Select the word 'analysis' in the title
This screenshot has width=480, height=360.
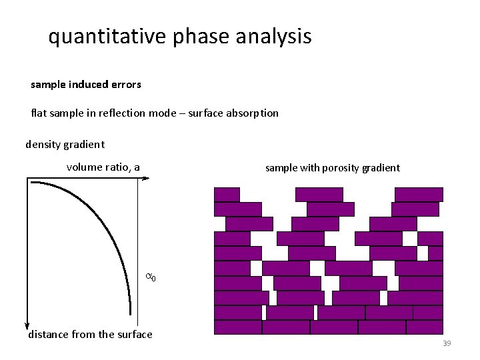click(x=273, y=37)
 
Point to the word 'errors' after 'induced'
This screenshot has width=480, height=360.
click(x=126, y=85)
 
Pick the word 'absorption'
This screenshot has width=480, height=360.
click(x=253, y=113)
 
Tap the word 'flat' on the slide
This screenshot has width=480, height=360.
click(x=39, y=113)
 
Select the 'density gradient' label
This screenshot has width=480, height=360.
click(x=65, y=144)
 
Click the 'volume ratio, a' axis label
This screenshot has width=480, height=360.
click(x=103, y=167)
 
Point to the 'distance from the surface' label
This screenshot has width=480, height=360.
click(x=90, y=335)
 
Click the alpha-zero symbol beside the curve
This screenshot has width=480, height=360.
click(x=151, y=276)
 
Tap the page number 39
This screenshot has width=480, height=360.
click(x=447, y=343)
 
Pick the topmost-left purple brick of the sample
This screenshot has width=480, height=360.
click(x=227, y=194)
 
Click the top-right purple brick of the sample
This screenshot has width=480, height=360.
click(x=419, y=194)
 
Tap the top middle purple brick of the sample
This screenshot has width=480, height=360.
click(x=319, y=194)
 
